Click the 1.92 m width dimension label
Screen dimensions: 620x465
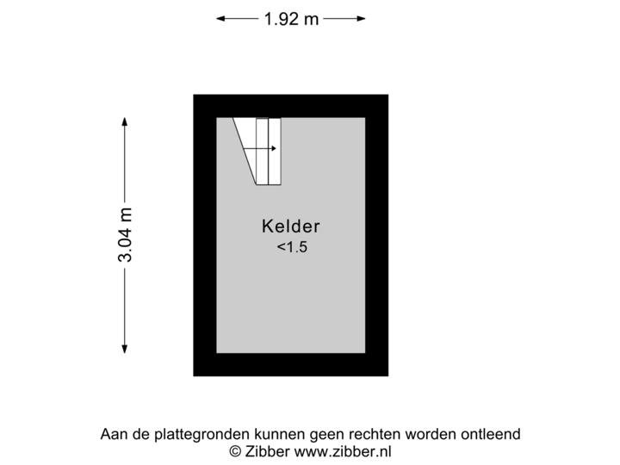pos(291,18)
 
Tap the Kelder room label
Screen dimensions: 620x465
pos(291,227)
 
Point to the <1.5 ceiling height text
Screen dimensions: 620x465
pos(291,248)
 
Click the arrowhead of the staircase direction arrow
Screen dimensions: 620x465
pos(273,149)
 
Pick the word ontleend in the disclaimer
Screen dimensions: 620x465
pos(490,435)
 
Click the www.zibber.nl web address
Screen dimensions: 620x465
pos(343,450)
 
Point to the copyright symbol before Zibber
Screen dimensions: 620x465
pos(233,450)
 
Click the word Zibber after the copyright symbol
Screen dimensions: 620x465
pos(264,450)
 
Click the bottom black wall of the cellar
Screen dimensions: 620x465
pos(291,365)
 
